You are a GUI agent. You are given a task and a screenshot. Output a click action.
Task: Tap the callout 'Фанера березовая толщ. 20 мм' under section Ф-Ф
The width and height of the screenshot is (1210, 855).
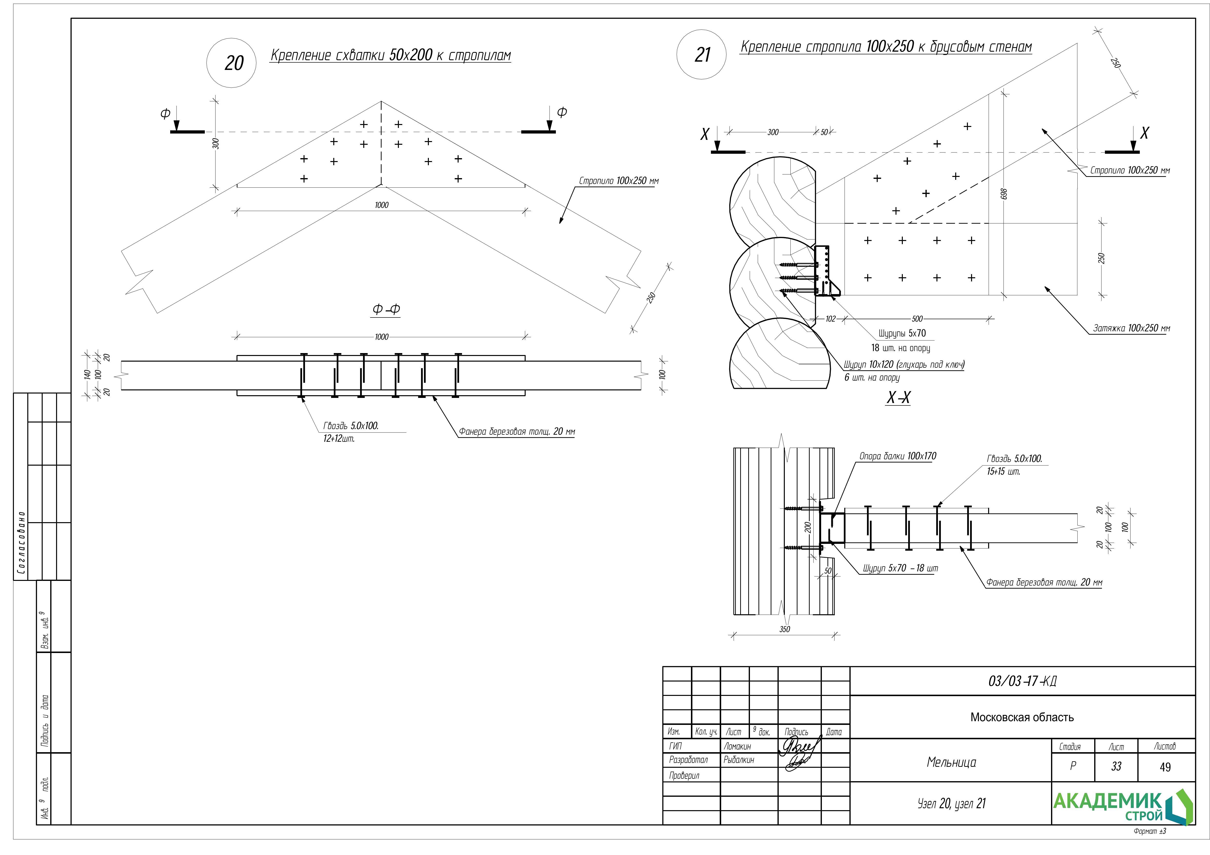pos(516,432)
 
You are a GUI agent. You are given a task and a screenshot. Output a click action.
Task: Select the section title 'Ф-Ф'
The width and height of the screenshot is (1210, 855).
pos(386,309)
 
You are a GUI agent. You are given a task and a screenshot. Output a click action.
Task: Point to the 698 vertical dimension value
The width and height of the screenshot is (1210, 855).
pos(1004,194)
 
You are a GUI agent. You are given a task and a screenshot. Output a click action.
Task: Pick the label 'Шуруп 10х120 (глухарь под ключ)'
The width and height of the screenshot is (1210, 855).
pos(904,365)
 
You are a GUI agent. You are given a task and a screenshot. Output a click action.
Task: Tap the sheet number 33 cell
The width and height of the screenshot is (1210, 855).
pos(1116,767)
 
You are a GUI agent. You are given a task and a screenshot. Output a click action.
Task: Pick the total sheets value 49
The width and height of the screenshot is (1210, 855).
pos(1165,767)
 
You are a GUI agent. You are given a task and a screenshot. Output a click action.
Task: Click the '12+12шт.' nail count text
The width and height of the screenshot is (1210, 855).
pos(339,439)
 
